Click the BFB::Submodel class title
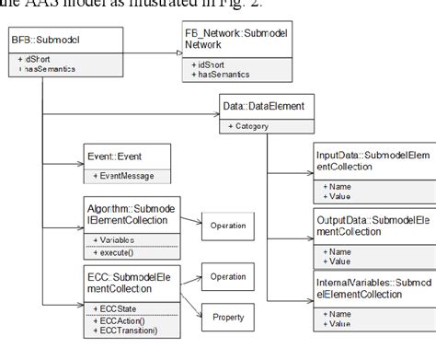[41, 40]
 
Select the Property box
[229, 318]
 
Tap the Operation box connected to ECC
[229, 275]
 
